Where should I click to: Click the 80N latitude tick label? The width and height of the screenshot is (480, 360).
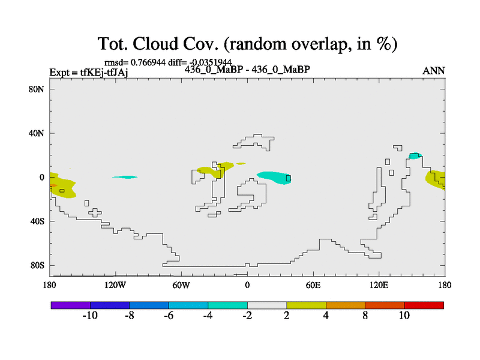click(37, 89)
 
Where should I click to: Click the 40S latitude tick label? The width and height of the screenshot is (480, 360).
click(37, 221)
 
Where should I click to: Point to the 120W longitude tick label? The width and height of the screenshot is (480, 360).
click(115, 285)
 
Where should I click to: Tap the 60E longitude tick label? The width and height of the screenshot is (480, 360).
click(313, 285)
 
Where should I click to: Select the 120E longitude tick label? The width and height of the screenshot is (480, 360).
click(379, 285)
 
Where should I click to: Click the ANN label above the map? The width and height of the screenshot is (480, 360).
click(433, 71)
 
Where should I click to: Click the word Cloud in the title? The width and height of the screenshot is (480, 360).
click(155, 43)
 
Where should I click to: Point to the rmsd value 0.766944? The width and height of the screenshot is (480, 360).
click(148, 62)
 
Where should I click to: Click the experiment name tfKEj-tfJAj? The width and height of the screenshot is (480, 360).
click(104, 73)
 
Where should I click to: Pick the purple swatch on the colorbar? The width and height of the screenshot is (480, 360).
click(71, 305)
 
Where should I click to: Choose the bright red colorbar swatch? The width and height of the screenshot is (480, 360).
click(424, 305)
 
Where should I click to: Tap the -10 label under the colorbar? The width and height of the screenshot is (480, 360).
click(90, 316)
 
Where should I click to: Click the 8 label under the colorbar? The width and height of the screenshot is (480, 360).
click(365, 316)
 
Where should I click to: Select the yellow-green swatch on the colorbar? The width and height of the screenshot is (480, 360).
click(306, 305)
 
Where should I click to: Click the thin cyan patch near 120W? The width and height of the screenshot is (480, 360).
click(125, 177)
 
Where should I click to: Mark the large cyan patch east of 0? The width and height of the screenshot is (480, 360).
click(274, 177)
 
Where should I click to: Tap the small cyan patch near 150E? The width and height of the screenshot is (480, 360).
click(415, 156)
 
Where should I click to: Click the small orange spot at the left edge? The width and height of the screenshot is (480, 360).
click(53, 185)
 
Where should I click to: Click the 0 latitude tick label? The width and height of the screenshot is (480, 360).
click(41, 177)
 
